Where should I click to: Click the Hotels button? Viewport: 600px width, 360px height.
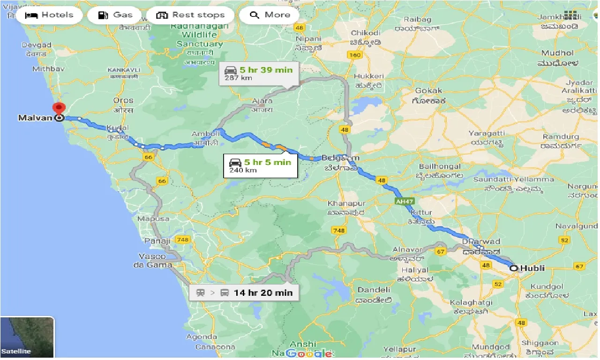[49, 15]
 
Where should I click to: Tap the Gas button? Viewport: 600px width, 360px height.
[116, 15]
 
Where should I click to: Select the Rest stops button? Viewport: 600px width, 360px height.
[190, 15]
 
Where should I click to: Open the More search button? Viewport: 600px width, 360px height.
[270, 15]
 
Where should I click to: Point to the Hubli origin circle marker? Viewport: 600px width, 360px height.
[514, 269]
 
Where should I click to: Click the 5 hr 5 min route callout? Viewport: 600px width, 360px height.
[261, 166]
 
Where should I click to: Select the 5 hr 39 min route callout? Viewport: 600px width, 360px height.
[259, 73]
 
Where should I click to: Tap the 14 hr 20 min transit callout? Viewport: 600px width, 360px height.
[244, 293]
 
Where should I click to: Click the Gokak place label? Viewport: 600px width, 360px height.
[428, 90]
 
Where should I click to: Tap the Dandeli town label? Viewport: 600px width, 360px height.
[374, 290]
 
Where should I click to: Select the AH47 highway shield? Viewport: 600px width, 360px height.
[404, 201]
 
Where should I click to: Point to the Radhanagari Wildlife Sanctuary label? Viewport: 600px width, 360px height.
[199, 35]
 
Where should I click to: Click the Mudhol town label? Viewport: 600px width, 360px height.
[557, 53]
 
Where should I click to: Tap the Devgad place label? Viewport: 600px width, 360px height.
[36, 45]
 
